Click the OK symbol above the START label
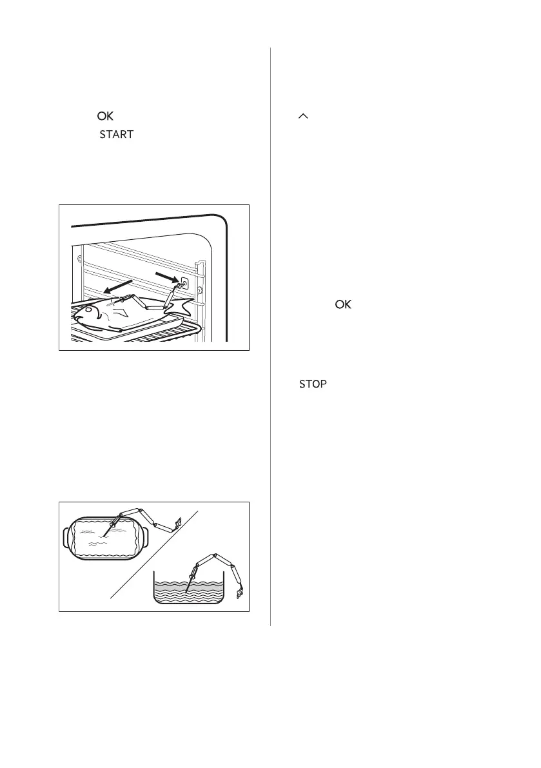[105, 117]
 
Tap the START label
[116, 135]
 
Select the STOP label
[312, 384]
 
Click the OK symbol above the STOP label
[342, 304]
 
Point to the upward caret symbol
[304, 116]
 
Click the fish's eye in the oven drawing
[88, 310]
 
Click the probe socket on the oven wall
[185, 282]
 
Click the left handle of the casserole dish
[66, 537]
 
